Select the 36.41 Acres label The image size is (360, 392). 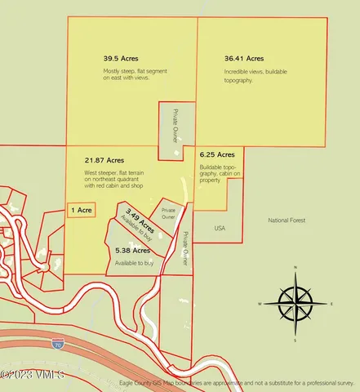coord(244,59)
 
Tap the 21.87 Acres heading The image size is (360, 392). coord(104,160)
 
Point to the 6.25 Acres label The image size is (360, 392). coord(217,154)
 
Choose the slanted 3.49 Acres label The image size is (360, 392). coord(140,221)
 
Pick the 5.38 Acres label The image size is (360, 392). coord(132,250)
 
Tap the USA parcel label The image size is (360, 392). coord(220,228)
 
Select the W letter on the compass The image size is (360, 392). coord(260,304)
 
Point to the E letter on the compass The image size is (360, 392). coord(331,304)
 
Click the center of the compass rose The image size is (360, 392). coord(296,304)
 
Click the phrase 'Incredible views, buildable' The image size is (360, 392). coord(248,73)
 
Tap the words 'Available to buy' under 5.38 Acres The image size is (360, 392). coord(135,263)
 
